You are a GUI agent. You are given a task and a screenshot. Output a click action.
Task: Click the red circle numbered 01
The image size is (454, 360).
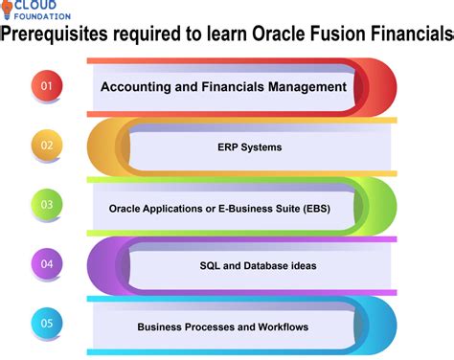pos(46,86)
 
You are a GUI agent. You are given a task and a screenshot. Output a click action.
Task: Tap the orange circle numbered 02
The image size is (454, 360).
pos(46,146)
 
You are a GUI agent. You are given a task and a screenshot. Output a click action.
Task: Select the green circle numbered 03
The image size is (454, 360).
pos(46,204)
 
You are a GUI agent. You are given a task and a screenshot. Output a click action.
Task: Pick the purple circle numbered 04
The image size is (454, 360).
pos(46,262)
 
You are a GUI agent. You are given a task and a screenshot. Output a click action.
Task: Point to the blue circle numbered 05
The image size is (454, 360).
pos(46,323)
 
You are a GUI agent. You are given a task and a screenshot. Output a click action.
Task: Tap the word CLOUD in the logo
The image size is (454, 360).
pos(44,6)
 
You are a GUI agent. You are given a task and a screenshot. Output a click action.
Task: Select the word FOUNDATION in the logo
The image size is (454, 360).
pos(44,16)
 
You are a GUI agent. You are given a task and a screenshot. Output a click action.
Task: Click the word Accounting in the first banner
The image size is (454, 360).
pos(140,86)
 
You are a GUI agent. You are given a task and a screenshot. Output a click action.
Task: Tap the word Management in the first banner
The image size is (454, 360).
pos(301,86)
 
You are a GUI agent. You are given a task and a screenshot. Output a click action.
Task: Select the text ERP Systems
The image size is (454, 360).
pos(249,147)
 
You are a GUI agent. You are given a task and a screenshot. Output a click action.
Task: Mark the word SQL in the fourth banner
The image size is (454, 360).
pos(210,265)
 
